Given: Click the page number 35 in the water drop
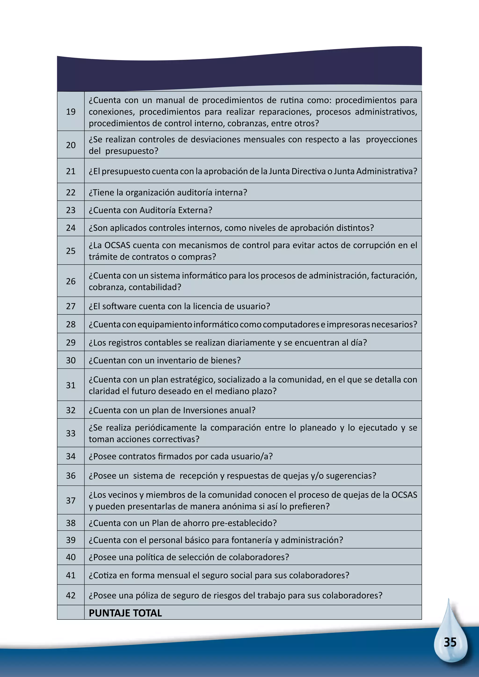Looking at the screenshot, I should click(x=450, y=642).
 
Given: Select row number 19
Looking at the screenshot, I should click(x=71, y=112).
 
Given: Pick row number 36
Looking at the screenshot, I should click(x=71, y=476).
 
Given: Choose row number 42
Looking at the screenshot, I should click(x=71, y=595).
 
